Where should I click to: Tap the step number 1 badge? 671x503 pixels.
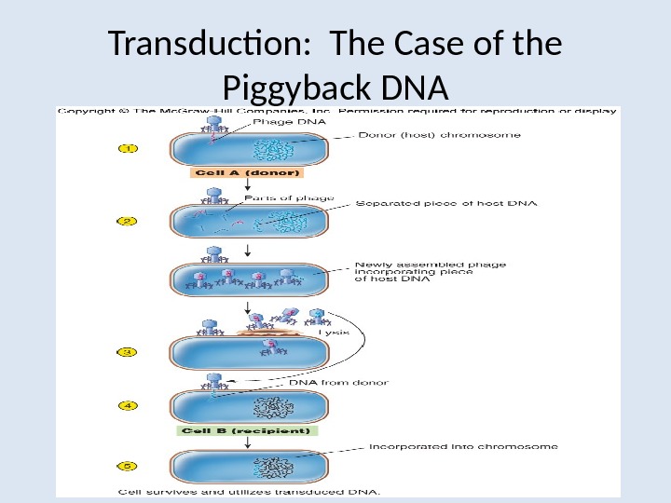point(128,148)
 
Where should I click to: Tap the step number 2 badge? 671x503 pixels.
point(128,222)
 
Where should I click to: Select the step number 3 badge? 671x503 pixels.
point(128,352)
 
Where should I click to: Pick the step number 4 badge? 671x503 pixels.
point(128,405)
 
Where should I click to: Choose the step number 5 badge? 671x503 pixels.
point(128,465)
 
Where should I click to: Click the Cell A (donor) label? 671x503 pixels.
point(248,173)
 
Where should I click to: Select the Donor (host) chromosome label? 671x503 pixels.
point(440,135)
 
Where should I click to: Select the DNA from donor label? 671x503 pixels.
point(338,382)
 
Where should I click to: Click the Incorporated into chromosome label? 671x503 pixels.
point(463,446)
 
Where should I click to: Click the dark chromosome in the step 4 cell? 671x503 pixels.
point(277,407)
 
